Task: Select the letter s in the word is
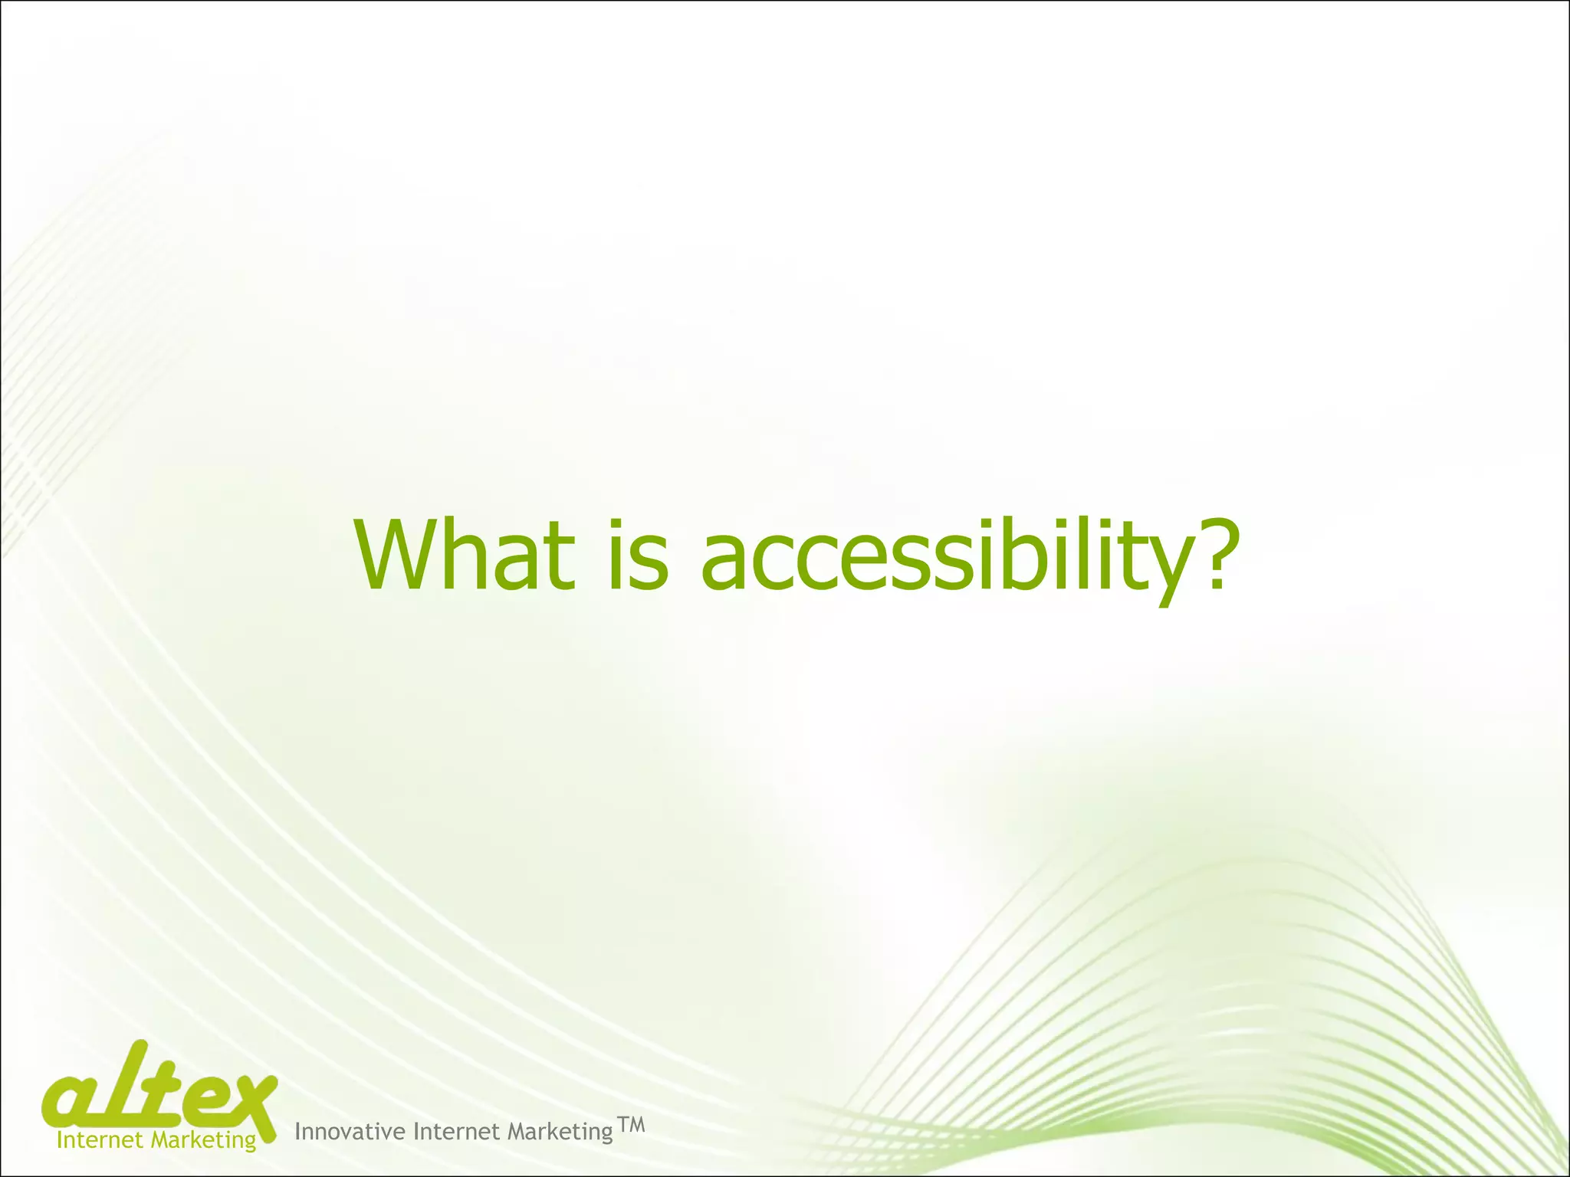(651, 563)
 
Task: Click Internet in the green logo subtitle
(100, 1140)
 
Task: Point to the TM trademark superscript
(631, 1125)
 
